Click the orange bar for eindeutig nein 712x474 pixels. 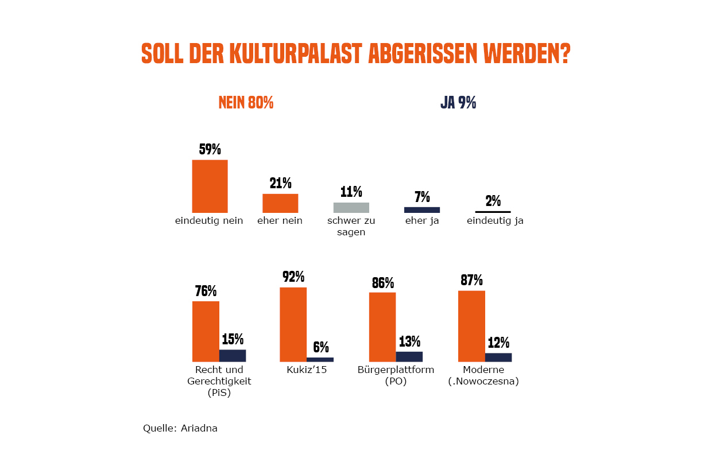[x=210, y=187]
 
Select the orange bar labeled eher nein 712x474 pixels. [x=280, y=203]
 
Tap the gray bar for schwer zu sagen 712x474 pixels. [x=351, y=208]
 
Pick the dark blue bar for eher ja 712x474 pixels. [x=422, y=210]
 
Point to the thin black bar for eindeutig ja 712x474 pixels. [x=493, y=212]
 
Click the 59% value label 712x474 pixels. [x=210, y=150]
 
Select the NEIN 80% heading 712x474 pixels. [x=246, y=103]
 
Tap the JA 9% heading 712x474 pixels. [x=458, y=103]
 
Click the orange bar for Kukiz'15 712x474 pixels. [x=293, y=324]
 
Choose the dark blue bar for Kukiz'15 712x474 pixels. [x=320, y=359]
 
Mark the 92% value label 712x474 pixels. [x=293, y=277]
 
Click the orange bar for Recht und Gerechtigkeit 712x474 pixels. [x=206, y=331]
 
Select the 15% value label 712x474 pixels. [x=233, y=339]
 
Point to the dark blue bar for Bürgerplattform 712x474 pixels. [x=409, y=356]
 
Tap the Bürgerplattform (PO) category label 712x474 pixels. [x=396, y=375]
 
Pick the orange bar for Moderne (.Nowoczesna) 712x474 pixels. [x=471, y=326]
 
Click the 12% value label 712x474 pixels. [x=498, y=343]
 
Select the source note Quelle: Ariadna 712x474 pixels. [x=180, y=428]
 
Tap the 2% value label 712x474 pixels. [x=493, y=201]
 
